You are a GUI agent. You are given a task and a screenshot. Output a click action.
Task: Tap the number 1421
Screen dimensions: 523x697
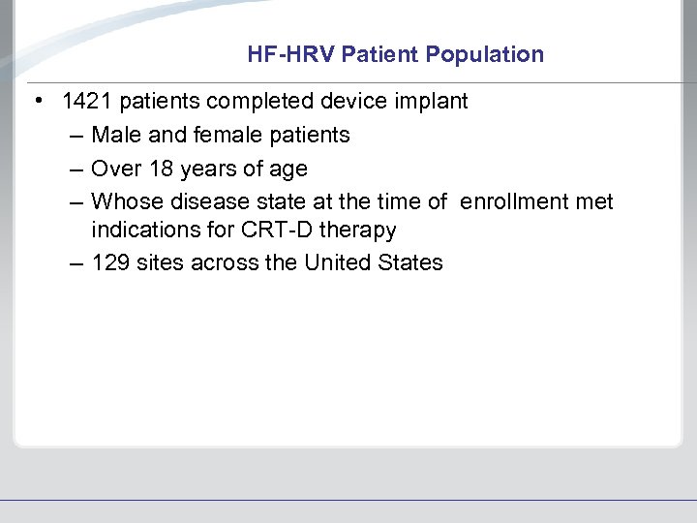pyautogui.click(x=87, y=102)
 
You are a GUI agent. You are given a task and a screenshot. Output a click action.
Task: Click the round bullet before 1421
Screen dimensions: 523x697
pyautogui.click(x=36, y=102)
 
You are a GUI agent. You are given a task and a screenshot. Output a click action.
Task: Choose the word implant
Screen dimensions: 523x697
pyautogui.click(x=432, y=102)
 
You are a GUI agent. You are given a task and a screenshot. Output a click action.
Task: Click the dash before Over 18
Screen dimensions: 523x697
pyautogui.click(x=76, y=169)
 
